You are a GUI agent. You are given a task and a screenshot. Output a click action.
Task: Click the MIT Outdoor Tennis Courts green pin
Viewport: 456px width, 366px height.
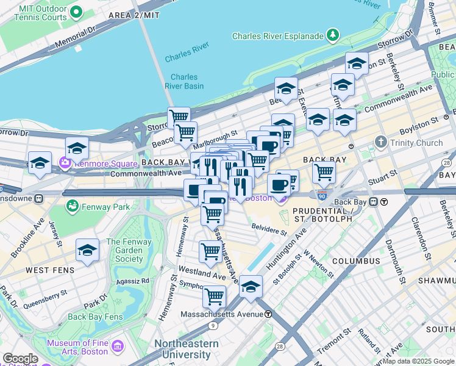pos(76,12)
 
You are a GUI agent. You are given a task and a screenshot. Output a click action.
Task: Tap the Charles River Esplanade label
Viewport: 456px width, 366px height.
pos(277,36)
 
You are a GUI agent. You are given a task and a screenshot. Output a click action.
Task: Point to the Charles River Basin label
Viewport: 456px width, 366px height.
pos(184,81)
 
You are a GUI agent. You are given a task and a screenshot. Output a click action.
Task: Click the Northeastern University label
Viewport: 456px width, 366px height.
pos(186,350)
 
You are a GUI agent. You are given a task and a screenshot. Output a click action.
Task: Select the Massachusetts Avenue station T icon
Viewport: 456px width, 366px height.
pos(268,314)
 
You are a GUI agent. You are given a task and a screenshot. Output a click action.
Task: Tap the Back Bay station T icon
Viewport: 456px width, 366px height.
pos(384,202)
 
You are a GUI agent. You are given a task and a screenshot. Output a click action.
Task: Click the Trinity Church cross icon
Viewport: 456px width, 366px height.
pos(381,143)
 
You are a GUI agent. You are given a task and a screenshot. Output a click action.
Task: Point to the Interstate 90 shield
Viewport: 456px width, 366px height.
pos(322,196)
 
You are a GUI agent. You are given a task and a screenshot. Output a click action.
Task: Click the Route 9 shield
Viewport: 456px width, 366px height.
pos(212,326)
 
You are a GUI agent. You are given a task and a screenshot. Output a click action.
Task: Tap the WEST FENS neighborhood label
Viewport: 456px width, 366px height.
pos(51,270)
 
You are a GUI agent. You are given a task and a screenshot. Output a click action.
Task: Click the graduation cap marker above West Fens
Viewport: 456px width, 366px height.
pos(88,250)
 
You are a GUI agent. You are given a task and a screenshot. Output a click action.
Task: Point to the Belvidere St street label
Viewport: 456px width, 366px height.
pos(269,232)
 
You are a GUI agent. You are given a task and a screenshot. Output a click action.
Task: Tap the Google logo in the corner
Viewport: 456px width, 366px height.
pos(20,359)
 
